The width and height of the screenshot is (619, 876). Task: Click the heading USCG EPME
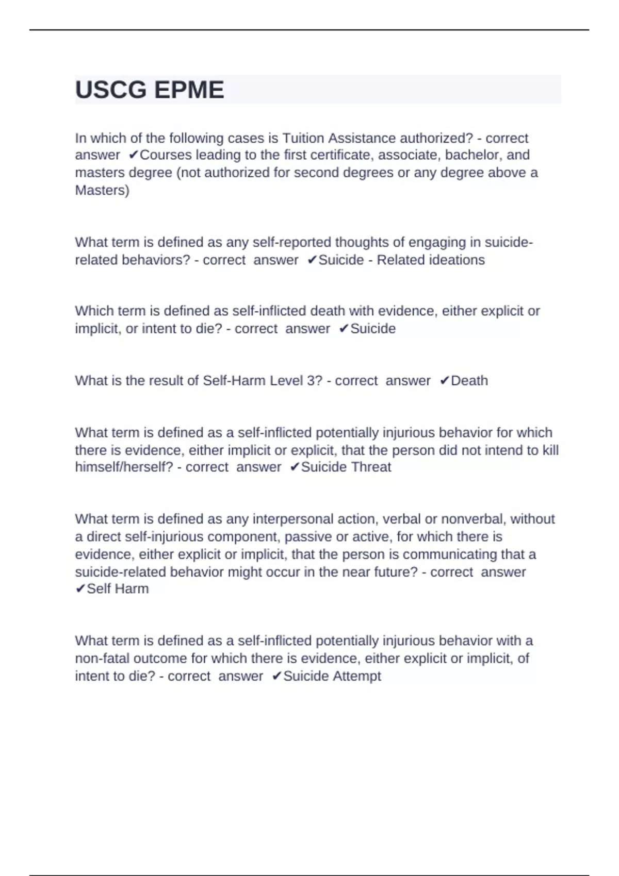click(150, 90)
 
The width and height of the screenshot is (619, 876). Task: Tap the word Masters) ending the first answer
click(102, 190)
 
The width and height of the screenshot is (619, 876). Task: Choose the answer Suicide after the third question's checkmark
click(373, 329)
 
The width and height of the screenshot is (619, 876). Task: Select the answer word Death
click(469, 381)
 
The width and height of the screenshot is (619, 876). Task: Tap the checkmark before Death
click(445, 381)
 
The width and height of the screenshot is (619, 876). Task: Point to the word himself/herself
click(124, 467)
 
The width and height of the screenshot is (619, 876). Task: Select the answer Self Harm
click(118, 588)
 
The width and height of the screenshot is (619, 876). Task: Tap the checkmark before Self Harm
click(80, 588)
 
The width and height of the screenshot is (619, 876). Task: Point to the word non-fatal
click(102, 659)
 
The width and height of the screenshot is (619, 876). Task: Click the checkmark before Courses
click(134, 155)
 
